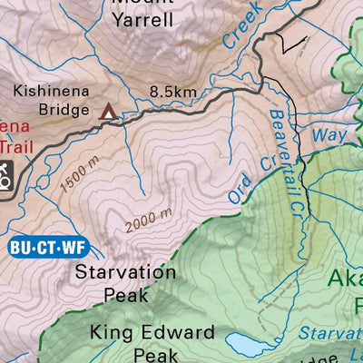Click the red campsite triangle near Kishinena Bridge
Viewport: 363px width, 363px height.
click(x=107, y=112)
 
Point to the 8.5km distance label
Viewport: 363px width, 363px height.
click(x=173, y=92)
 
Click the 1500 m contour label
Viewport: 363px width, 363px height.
click(x=79, y=178)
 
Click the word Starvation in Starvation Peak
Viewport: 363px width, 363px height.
click(x=125, y=271)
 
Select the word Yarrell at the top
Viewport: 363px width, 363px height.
click(x=142, y=19)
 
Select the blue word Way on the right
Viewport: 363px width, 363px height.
click(x=329, y=135)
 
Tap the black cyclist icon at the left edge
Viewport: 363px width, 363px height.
click(x=5, y=174)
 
